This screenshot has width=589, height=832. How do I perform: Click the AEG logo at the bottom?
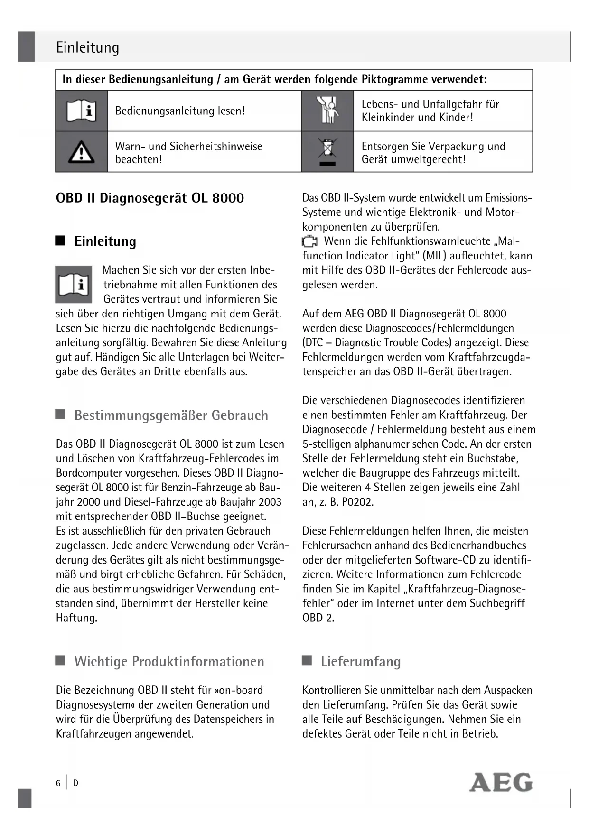[x=501, y=782]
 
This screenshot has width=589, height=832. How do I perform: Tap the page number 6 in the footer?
[x=58, y=783]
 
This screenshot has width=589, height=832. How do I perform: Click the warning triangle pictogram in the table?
[x=81, y=152]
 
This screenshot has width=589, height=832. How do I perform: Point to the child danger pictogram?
[x=327, y=111]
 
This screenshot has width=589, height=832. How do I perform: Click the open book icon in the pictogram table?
[x=81, y=111]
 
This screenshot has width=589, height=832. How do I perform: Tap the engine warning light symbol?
[x=310, y=241]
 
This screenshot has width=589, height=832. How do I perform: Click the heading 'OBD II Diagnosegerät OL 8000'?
[x=150, y=198]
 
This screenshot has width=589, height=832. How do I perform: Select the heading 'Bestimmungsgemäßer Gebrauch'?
[x=171, y=416]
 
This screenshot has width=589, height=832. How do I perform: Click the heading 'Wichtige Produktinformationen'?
[x=169, y=661]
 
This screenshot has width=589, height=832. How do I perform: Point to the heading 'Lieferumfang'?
[x=360, y=661]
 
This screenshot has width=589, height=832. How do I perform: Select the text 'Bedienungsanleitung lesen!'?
[x=180, y=111]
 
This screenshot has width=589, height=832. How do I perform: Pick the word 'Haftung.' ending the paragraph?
[x=76, y=618]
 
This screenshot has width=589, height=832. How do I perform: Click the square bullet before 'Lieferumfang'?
[x=307, y=660]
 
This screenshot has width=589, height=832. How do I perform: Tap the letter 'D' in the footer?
[x=75, y=783]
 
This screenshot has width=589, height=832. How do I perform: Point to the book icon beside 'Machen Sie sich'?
[x=74, y=284]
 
